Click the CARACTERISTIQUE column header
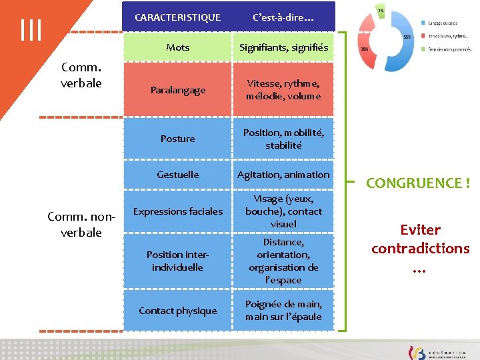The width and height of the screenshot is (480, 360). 177,17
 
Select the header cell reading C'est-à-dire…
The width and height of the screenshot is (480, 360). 283,17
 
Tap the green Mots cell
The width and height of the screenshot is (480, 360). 177,47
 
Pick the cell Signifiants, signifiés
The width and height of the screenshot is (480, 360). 283,47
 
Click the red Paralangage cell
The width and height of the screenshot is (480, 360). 177,90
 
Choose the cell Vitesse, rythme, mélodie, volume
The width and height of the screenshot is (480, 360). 283,89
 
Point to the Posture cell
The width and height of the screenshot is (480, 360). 177,139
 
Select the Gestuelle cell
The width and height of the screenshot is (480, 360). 177,175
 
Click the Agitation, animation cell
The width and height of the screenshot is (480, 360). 283,175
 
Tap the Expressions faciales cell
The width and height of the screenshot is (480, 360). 177,211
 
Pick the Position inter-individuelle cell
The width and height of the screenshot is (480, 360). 177,261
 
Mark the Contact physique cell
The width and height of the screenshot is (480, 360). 177,311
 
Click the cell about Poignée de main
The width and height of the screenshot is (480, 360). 283,311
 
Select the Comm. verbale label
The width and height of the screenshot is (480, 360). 81,75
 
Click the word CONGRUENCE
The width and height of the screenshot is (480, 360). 414,183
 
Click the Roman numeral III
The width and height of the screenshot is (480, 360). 31,30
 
